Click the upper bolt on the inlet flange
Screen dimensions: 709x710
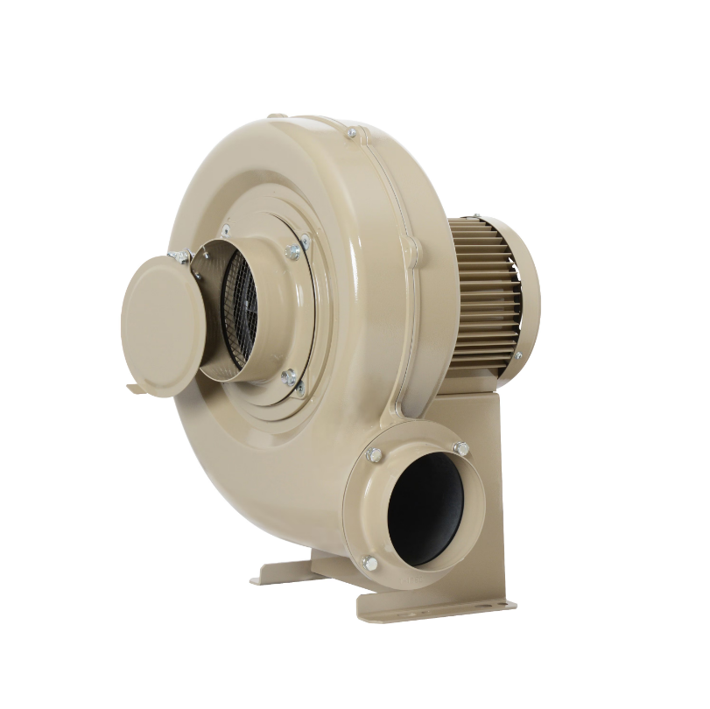pyautogui.click(x=293, y=251)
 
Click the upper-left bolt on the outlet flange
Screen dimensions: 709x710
pyautogui.click(x=374, y=454)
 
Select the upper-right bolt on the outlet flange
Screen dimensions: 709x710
pyautogui.click(x=460, y=449)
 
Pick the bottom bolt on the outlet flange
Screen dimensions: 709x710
pyautogui.click(x=369, y=563)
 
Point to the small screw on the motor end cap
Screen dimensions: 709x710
pyautogui.click(x=517, y=356)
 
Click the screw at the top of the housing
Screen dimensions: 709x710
pyautogui.click(x=351, y=133)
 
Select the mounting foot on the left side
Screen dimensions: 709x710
pyautogui.click(x=280, y=573)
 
